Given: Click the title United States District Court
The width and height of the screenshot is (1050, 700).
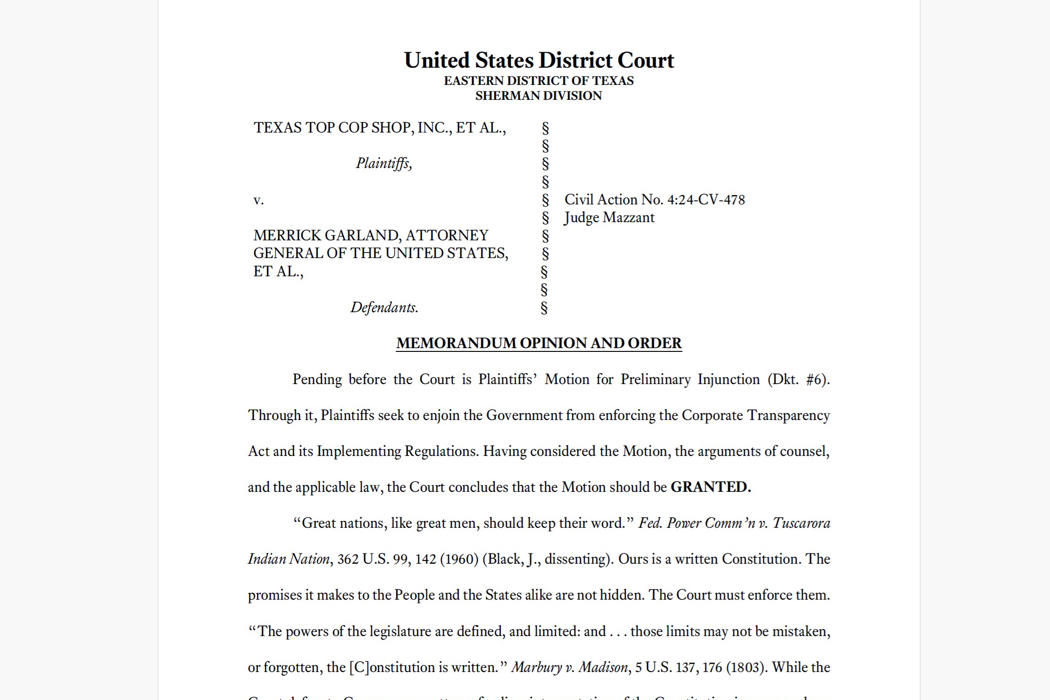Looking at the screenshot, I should [539, 61].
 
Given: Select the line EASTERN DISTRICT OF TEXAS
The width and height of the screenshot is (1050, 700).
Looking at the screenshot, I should [539, 81].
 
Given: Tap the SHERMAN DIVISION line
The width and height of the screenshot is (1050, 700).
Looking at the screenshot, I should [539, 96].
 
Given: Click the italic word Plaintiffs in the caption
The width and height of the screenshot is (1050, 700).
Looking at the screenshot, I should [384, 163].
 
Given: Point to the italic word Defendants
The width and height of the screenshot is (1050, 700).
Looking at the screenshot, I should [384, 308].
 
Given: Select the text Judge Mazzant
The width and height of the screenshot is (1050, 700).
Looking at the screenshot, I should [609, 218].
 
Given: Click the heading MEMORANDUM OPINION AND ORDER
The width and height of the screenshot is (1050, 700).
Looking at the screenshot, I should [539, 343].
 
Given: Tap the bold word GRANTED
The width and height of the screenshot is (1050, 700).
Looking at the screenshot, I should [710, 487].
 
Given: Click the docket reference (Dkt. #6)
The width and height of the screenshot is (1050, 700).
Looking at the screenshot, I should [798, 379].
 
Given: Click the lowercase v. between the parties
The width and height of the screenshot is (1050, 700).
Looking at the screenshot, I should [259, 200].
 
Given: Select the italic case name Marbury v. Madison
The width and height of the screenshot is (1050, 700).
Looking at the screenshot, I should [569, 667].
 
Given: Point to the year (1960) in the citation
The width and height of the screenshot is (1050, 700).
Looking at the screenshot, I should [459, 559].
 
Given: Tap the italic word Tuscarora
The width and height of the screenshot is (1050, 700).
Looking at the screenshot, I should [801, 523].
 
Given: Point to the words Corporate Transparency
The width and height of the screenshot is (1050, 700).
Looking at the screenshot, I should [756, 415].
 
